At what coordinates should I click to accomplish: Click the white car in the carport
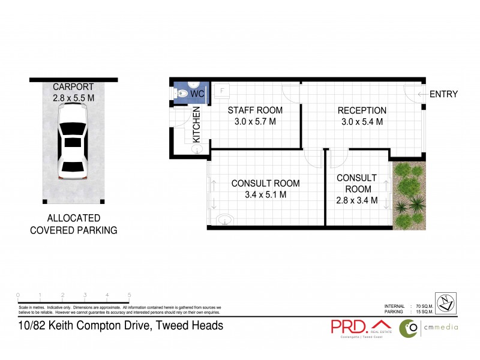(73, 142)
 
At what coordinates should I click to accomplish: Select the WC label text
(197, 94)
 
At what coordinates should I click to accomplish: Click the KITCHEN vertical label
(196, 124)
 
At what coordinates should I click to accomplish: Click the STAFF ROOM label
(254, 110)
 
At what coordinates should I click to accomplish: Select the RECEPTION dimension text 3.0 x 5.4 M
(362, 122)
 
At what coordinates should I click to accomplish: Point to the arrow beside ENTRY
(422, 94)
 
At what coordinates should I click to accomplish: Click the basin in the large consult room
(224, 220)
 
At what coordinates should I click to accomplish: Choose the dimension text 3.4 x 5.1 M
(266, 194)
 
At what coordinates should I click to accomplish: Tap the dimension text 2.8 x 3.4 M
(357, 200)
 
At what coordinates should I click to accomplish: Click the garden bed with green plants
(409, 196)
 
